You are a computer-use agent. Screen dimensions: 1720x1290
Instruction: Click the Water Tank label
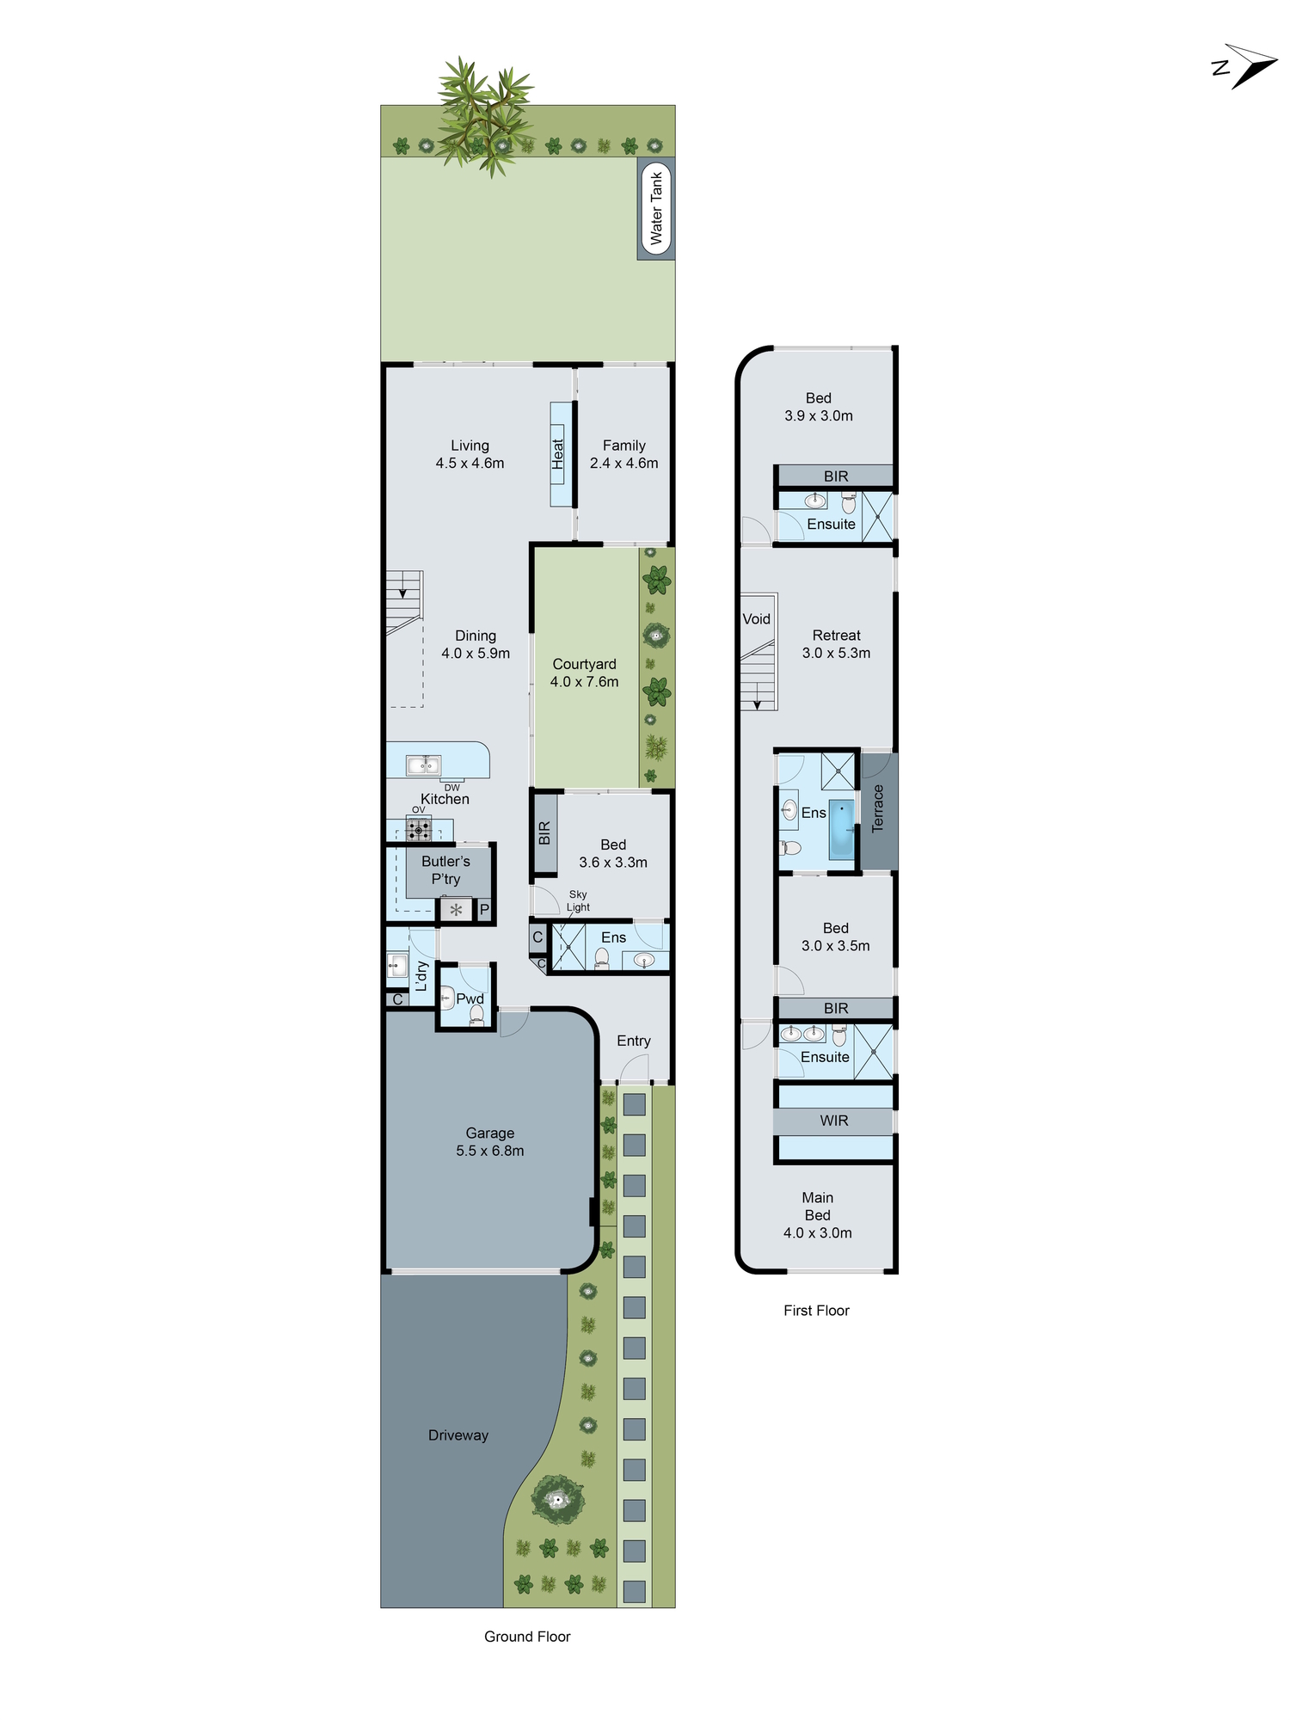656,208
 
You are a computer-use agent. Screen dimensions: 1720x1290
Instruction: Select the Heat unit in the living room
559,454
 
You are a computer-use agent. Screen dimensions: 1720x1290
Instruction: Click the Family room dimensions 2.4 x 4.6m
623,464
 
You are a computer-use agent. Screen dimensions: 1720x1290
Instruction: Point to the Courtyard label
584,664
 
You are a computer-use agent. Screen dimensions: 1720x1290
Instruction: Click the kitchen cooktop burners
419,830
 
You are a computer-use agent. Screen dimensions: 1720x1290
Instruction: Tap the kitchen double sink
423,765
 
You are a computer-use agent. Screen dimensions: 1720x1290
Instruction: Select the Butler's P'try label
445,869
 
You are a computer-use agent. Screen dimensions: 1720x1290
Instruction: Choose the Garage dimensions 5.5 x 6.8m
489,1151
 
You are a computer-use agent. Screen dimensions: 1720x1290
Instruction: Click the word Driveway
458,1435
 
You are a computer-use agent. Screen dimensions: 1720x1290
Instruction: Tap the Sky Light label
578,900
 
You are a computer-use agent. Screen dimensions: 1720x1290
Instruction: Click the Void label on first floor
756,619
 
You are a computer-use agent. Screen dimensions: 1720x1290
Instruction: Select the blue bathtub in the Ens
842,830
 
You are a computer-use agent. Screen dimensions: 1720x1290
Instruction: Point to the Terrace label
878,808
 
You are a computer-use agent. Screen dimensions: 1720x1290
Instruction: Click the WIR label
833,1121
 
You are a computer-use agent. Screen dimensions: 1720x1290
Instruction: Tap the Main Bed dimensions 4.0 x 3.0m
817,1233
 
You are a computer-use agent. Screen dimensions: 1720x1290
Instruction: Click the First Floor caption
816,1311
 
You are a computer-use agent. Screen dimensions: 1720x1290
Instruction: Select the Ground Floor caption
527,1637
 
